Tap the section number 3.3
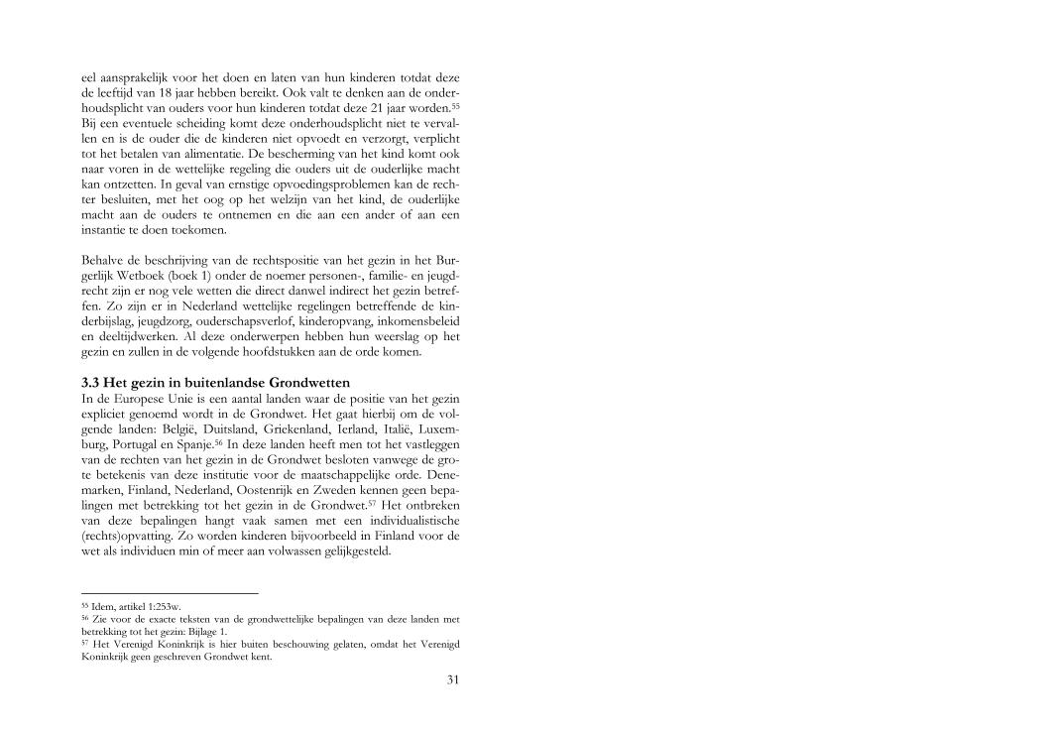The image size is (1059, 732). (91, 382)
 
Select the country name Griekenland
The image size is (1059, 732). (297, 429)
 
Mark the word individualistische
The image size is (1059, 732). (409, 521)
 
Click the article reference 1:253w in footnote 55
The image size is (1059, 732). (175, 605)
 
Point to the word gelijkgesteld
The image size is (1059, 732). (352, 551)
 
